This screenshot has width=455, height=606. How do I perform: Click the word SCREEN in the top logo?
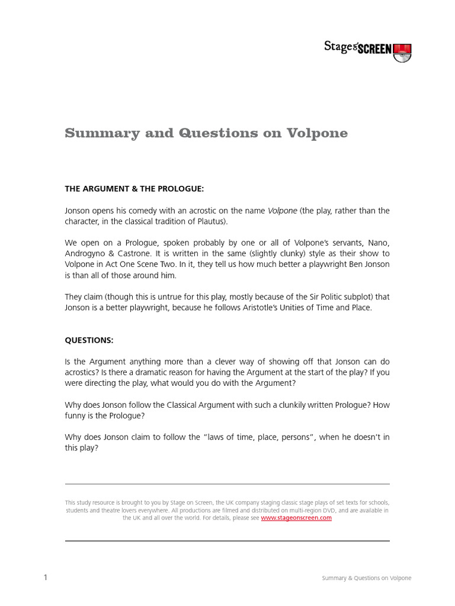[x=374, y=49]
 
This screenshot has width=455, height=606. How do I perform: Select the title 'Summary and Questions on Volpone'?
[x=206, y=134]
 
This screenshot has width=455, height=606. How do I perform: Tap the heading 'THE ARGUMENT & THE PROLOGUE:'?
[x=134, y=189]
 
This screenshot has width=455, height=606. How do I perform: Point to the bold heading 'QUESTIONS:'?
[x=89, y=340]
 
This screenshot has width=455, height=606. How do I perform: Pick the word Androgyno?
[x=86, y=254]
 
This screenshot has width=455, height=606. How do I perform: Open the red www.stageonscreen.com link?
[x=296, y=518]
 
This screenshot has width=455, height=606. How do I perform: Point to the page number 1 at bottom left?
[x=45, y=578]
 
